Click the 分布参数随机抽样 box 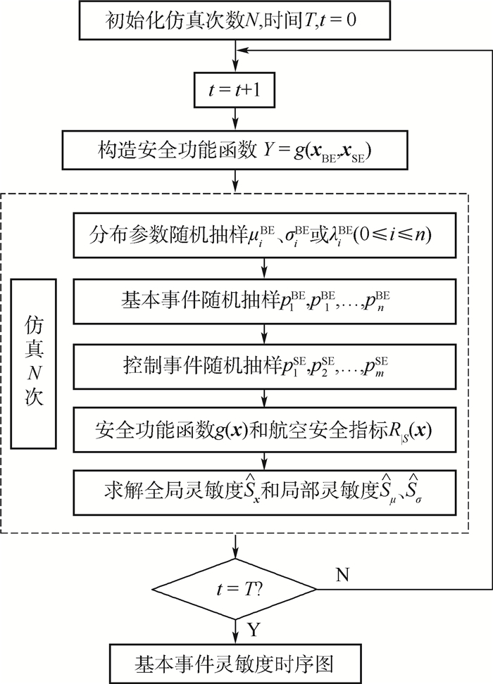point(262,234)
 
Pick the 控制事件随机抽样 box point(262,366)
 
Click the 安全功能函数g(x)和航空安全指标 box point(262,427)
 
